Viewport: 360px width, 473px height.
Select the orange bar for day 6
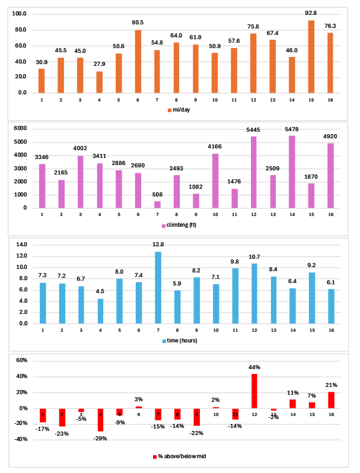tap(138, 61)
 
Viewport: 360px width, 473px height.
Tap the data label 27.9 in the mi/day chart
tap(99, 64)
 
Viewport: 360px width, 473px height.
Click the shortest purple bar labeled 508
tap(157, 204)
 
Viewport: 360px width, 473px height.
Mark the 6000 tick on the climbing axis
tap(21, 129)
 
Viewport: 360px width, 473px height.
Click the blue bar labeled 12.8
tap(157, 288)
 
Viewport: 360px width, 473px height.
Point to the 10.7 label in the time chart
tap(253, 256)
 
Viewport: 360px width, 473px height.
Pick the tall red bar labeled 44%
tap(253, 391)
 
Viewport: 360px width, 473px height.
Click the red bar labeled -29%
tap(99, 420)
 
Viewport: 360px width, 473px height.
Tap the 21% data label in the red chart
tap(330, 385)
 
